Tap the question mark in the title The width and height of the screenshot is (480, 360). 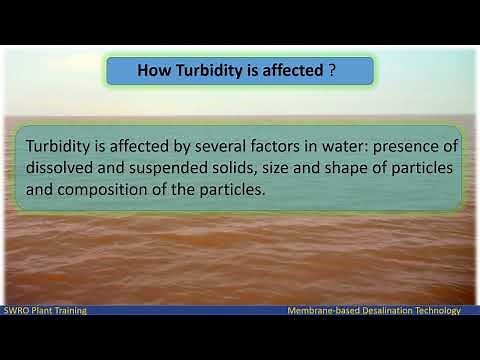pyautogui.click(x=331, y=71)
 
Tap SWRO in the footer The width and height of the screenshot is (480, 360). pyautogui.click(x=17, y=311)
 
